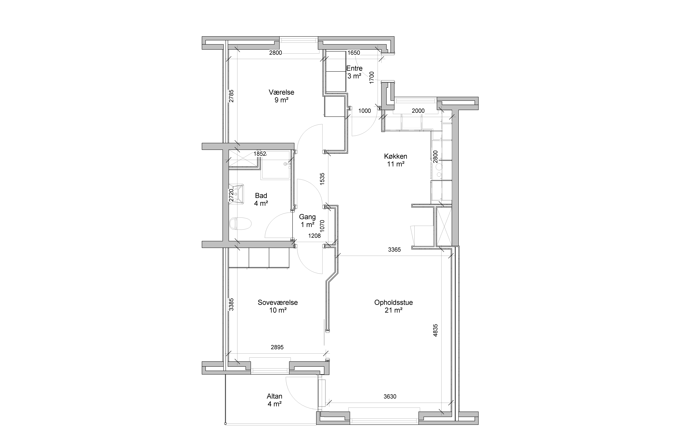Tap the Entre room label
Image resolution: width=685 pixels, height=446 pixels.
pyautogui.click(x=354, y=68)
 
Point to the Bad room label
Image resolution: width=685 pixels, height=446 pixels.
pyautogui.click(x=261, y=196)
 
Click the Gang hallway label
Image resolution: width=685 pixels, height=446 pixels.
pyautogui.click(x=307, y=217)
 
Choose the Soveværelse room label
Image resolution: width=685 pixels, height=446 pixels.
pyautogui.click(x=278, y=303)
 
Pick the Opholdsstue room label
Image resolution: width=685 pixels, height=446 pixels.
pyautogui.click(x=393, y=303)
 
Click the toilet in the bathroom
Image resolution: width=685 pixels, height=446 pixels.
pyautogui.click(x=240, y=224)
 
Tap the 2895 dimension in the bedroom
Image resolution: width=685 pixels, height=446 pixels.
pyautogui.click(x=277, y=347)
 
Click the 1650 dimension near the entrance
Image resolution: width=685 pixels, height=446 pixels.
pyautogui.click(x=354, y=53)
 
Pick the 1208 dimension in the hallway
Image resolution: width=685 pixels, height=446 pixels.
pyautogui.click(x=314, y=236)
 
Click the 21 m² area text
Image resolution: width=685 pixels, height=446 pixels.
pyautogui.click(x=393, y=310)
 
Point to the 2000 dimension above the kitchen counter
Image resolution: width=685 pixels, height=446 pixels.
pyautogui.click(x=418, y=111)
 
